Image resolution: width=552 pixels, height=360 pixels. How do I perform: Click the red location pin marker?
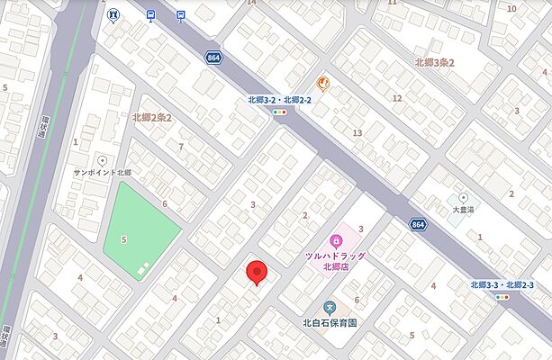pos(258,273)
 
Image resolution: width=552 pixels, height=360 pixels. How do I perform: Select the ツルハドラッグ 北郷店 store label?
pos(335,261)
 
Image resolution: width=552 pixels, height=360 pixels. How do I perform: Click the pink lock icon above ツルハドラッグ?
pos(335,240)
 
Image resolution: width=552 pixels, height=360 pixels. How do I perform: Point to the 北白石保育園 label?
pos(330,322)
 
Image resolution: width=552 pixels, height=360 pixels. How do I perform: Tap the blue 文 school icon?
pos(330,307)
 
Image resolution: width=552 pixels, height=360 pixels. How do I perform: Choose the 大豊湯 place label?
pos(464,209)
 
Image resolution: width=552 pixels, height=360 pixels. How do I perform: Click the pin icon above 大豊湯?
pos(464,196)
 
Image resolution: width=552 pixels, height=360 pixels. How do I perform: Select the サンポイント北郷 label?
pos(103,172)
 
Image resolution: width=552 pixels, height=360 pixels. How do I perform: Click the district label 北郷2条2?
pos(151,117)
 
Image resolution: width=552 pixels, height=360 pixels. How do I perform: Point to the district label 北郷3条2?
pos(435,62)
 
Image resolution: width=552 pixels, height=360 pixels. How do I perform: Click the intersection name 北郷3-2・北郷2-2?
pos(280,100)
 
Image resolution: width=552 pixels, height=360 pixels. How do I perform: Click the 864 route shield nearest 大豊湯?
pos(417,224)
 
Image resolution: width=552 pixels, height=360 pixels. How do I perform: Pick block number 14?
pos(251,3)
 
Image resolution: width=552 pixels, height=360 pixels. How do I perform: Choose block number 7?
pos(181,146)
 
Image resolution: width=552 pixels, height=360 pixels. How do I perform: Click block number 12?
pos(396,97)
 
